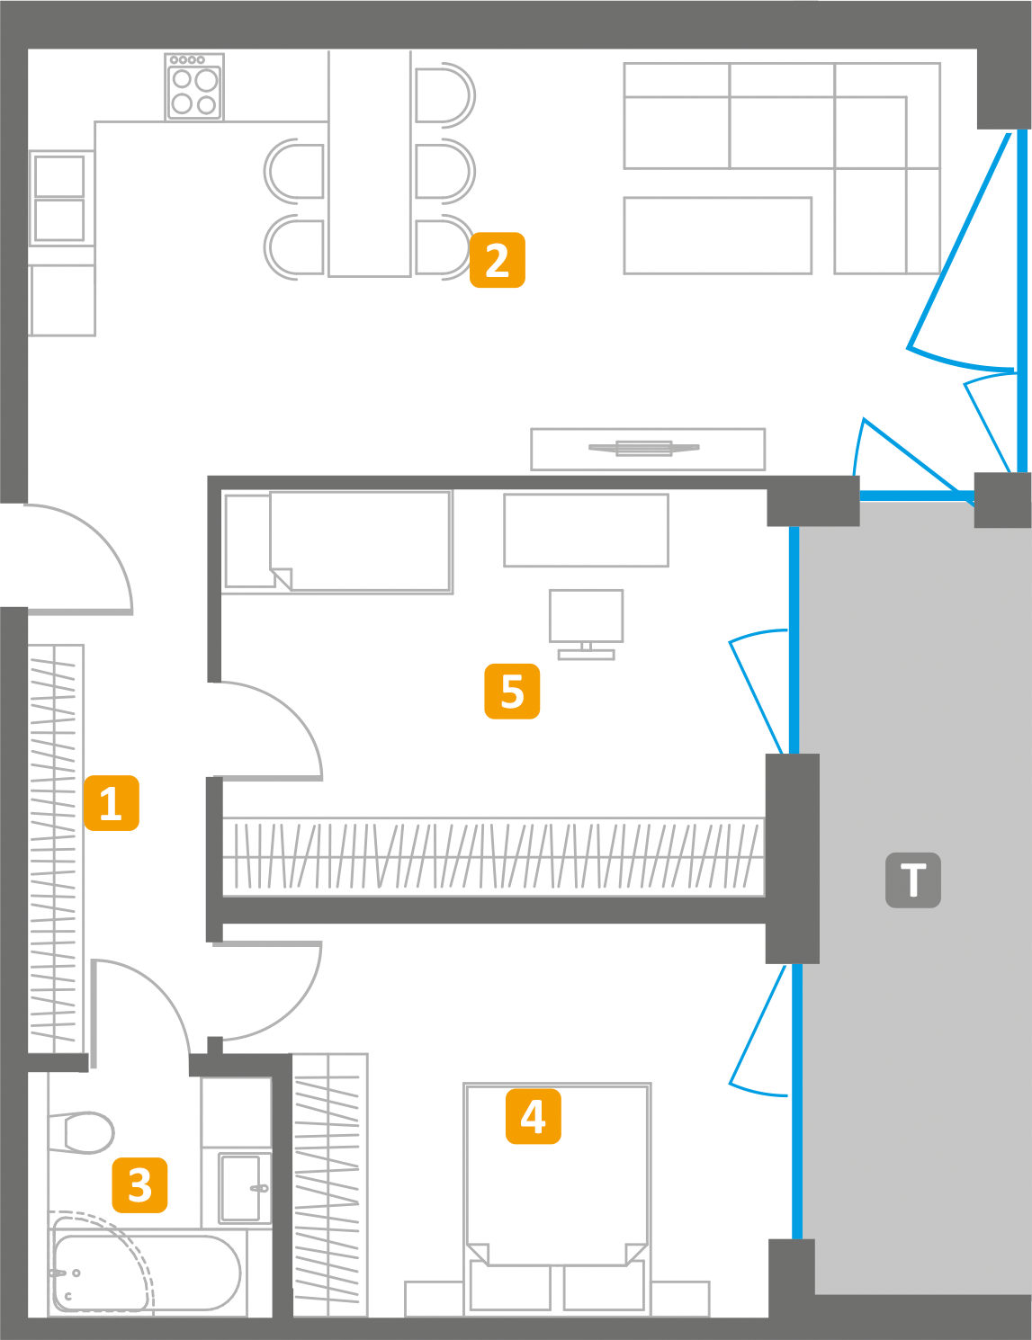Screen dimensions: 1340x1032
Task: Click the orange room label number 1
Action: [112, 802]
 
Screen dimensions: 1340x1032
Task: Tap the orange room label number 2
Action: [497, 260]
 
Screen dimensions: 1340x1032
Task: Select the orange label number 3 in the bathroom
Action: [139, 1184]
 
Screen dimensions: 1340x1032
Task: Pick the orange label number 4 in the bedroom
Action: [533, 1116]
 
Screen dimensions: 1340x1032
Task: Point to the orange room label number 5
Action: [512, 691]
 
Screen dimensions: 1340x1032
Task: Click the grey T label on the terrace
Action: [912, 880]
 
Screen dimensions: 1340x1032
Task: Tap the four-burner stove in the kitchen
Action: [194, 87]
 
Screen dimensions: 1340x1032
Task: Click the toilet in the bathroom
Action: [83, 1132]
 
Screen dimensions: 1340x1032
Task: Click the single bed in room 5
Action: [337, 541]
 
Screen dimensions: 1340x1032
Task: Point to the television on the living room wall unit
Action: [643, 448]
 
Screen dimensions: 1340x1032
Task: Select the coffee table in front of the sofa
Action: [717, 236]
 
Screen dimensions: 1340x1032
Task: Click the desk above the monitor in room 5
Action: [586, 531]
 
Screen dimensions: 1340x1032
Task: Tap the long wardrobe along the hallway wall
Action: [56, 845]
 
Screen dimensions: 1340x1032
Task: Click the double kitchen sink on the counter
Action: [59, 198]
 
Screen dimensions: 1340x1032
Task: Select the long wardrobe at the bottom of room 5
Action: [493, 856]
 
